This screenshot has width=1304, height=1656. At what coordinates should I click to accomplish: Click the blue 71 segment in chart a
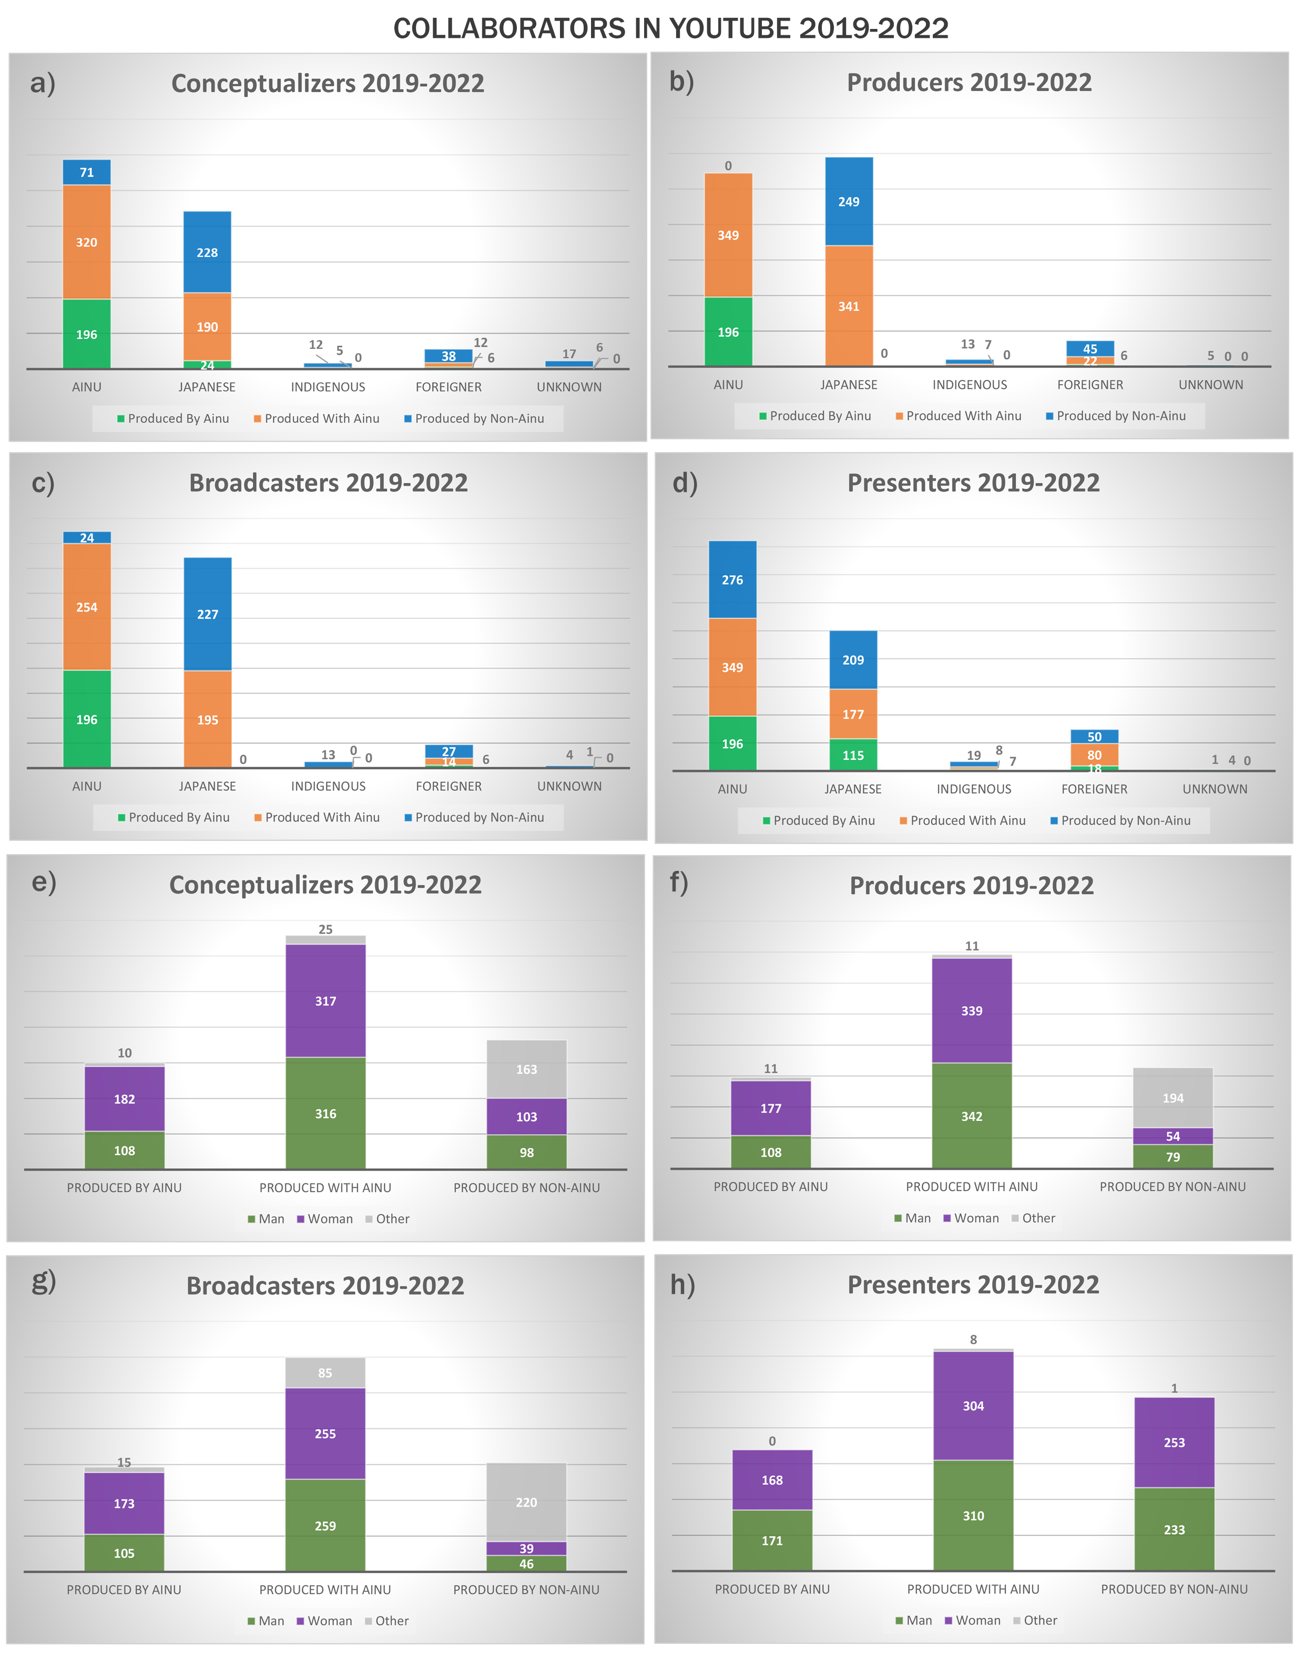click(86, 173)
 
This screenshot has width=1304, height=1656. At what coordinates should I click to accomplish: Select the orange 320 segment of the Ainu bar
click(86, 242)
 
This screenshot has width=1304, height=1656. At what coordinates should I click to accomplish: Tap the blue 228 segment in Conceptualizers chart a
click(207, 252)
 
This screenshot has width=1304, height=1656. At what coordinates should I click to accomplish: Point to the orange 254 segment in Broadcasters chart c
click(86, 607)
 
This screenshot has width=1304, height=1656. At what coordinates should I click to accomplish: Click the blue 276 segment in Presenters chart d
click(732, 580)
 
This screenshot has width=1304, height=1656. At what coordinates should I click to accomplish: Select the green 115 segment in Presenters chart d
click(853, 756)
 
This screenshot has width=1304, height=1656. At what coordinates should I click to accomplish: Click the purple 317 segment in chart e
click(325, 1001)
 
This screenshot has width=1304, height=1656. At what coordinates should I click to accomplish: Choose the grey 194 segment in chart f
click(1173, 1098)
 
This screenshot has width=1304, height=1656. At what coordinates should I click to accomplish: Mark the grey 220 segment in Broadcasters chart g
click(526, 1502)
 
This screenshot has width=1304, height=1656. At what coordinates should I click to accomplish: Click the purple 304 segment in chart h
click(973, 1406)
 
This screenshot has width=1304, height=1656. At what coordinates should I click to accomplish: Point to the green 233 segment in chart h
click(1174, 1529)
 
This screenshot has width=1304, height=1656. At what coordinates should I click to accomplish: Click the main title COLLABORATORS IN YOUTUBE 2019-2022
click(670, 28)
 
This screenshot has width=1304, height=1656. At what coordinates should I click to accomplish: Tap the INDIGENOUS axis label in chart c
click(328, 786)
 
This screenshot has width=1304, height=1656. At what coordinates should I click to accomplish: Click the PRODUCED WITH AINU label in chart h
click(973, 1589)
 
